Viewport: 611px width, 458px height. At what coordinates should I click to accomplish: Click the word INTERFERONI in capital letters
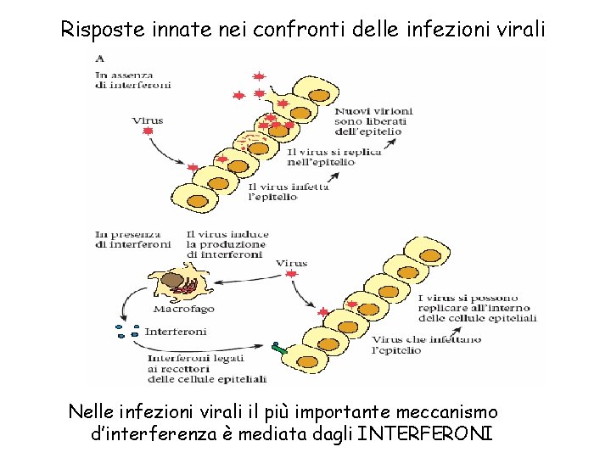(424, 434)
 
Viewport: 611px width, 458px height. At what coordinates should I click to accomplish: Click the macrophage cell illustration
(178, 282)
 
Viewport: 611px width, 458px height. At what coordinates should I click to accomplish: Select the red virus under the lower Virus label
(292, 275)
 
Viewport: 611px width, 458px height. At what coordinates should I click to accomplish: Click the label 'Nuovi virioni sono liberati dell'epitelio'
(373, 120)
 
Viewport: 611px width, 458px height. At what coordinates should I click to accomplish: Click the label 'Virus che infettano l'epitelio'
(426, 344)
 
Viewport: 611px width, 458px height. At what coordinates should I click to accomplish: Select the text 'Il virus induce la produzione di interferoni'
(227, 244)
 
